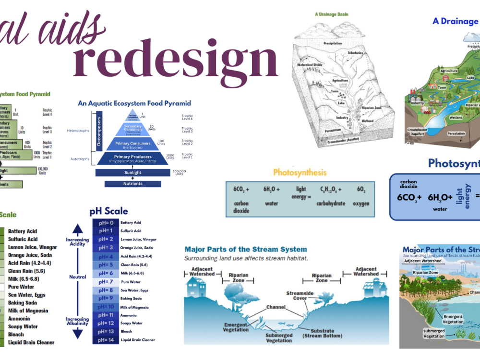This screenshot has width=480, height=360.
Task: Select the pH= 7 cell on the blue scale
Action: tap(106, 282)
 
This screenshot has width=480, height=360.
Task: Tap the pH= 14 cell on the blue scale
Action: tap(106, 339)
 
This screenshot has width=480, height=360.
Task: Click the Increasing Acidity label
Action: tap(77, 242)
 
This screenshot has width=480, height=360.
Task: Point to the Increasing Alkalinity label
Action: tap(77, 321)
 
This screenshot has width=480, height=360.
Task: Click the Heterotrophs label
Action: tap(78, 131)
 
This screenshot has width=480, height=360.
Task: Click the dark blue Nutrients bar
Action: tap(133, 183)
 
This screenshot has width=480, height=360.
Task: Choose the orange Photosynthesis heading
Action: tap(300, 172)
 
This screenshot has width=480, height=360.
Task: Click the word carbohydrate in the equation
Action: tap(331, 204)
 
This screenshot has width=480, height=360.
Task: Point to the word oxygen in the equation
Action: tap(361, 204)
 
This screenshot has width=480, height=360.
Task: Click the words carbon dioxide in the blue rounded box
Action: tap(409, 184)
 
